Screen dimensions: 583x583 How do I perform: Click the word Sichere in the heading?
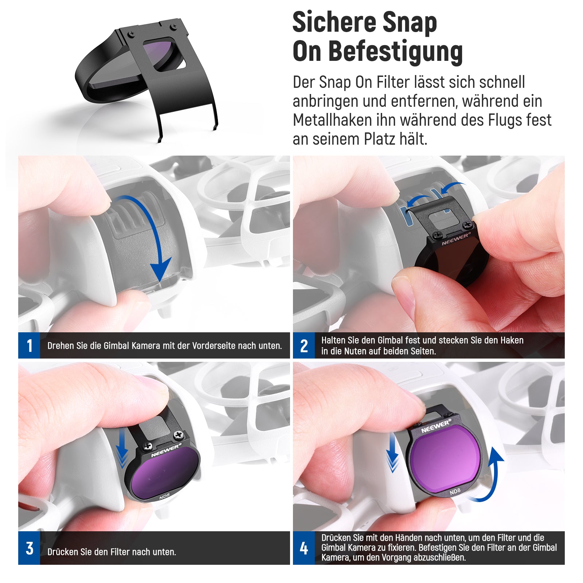click(x=334, y=23)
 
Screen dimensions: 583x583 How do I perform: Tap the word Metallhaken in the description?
click(x=341, y=120)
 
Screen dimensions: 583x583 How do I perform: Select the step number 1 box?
click(x=29, y=345)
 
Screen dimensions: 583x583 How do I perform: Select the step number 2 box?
click(x=304, y=345)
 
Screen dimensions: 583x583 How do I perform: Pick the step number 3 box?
click(x=29, y=548)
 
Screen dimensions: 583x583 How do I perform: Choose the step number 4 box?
click(x=304, y=548)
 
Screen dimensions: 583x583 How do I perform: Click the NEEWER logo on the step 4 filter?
click(x=436, y=426)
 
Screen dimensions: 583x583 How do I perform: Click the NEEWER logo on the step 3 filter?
click(x=166, y=450)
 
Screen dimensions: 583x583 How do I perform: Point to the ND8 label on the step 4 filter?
click(x=455, y=492)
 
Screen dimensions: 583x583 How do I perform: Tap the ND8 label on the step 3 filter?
click(x=164, y=496)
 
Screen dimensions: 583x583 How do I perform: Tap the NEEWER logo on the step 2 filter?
click(x=456, y=239)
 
